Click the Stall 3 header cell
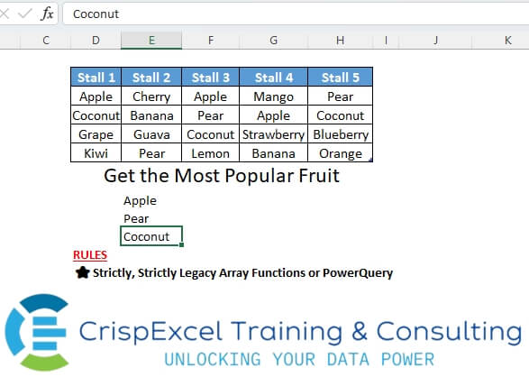(x=211, y=78)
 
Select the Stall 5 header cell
(x=340, y=78)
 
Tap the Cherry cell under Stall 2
(x=151, y=97)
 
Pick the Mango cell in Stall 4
(x=274, y=97)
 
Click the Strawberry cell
(x=274, y=134)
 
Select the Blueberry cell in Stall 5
(x=340, y=134)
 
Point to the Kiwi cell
(x=96, y=153)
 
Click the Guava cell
(x=151, y=134)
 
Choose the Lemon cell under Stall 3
(x=211, y=153)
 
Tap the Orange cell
(x=340, y=153)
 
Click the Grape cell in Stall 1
(x=96, y=134)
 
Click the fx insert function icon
(x=47, y=14)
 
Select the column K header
(x=507, y=41)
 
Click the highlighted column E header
(x=151, y=41)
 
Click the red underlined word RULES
(x=90, y=255)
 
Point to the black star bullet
(x=83, y=272)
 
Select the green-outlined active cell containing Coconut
(x=151, y=236)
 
